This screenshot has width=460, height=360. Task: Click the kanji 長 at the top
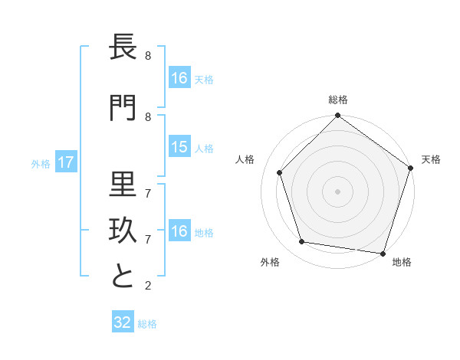(123, 47)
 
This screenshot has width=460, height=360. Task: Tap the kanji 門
(123, 108)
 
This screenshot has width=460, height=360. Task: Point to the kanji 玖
(123, 230)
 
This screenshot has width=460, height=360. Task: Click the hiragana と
(123, 277)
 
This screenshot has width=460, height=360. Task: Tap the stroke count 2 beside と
(148, 286)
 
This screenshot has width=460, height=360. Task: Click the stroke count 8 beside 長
(148, 56)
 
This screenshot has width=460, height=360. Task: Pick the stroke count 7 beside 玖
(148, 240)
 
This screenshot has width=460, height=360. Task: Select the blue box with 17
(65, 162)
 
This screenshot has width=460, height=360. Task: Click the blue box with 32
(123, 322)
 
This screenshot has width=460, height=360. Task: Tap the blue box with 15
(179, 147)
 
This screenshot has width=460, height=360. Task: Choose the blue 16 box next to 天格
(179, 78)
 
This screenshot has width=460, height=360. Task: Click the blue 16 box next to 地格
(179, 231)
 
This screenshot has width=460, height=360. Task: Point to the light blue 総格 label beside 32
(147, 323)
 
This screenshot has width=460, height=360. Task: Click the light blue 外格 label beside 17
(41, 163)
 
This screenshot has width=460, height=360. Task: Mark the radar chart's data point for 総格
(337, 116)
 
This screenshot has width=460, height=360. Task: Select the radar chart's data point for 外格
(302, 242)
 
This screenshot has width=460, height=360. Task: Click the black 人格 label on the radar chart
(245, 159)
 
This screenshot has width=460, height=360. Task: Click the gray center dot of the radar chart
(337, 191)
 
